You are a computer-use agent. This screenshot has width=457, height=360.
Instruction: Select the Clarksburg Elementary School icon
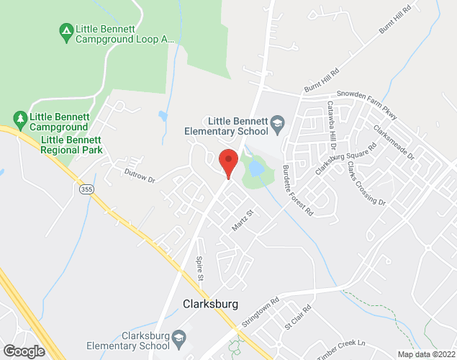click(179, 336)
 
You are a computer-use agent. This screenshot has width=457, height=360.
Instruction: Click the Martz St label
click(243, 220)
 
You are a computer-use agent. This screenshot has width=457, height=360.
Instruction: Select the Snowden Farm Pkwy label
click(367, 95)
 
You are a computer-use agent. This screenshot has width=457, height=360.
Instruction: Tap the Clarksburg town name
click(210, 303)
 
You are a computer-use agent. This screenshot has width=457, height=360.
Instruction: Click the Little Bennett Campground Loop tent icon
click(65, 30)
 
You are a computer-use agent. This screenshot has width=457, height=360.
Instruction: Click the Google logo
click(23, 351)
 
